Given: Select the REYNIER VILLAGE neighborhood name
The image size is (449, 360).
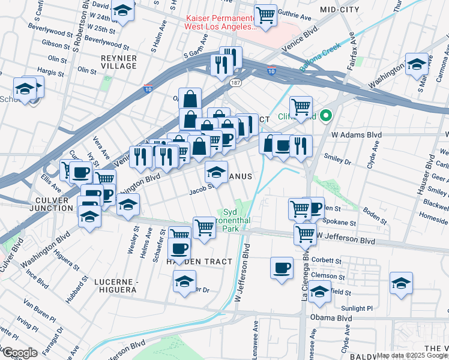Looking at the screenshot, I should click(119, 62).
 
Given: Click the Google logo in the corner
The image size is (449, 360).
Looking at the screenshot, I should click(19, 353).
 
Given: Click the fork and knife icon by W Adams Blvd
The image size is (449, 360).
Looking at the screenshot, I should click(301, 146).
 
